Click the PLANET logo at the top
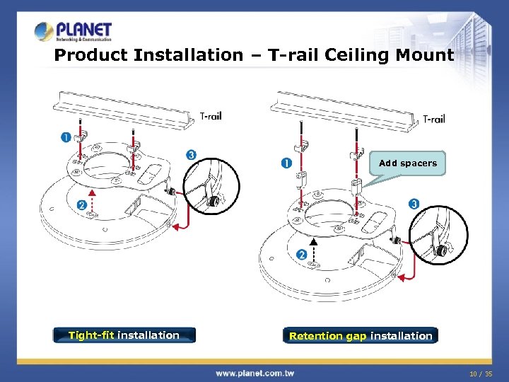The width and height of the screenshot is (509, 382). [x=74, y=32]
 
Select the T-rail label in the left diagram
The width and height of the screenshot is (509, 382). [x=210, y=115]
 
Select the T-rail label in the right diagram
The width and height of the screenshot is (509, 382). [x=433, y=119]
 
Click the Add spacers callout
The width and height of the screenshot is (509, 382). [x=408, y=163]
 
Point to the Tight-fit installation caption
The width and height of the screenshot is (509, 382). [x=124, y=335]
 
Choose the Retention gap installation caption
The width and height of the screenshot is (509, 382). [x=361, y=336]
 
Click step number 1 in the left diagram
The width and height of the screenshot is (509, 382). [x=66, y=137]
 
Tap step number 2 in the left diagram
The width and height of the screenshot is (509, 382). [x=82, y=205]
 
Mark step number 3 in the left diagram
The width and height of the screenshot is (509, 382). [x=191, y=155]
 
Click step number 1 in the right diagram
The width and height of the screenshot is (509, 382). [x=286, y=163]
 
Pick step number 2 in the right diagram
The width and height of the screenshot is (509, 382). [x=302, y=255]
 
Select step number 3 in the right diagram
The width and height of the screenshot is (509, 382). [x=414, y=204]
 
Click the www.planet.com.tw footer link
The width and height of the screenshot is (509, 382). [x=255, y=372]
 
